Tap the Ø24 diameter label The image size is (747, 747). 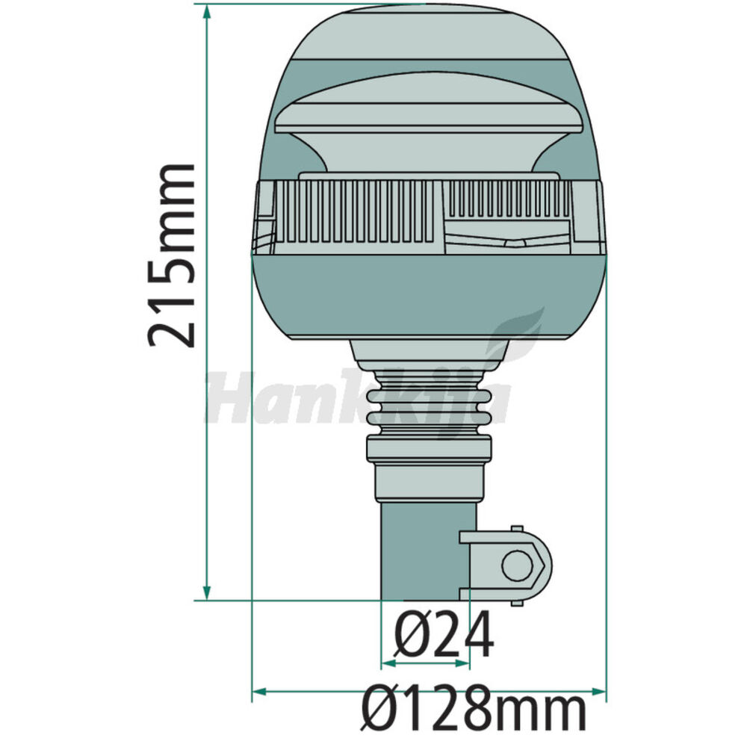(x=444, y=633)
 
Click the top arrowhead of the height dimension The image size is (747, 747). (x=207, y=11)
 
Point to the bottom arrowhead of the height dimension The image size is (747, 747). (x=207, y=592)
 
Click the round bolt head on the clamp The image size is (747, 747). (x=518, y=565)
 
